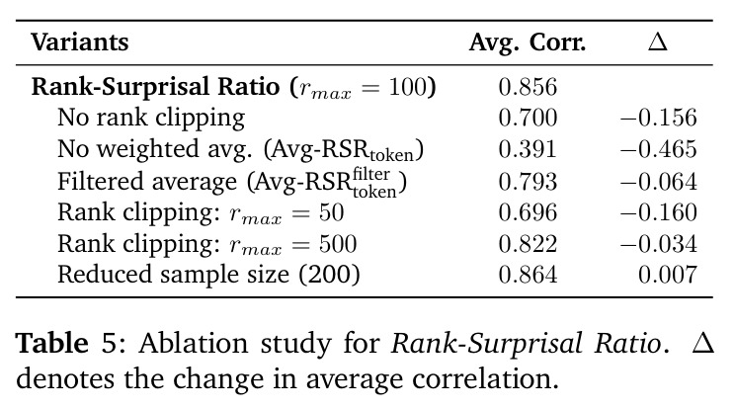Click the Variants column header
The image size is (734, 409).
point(80,42)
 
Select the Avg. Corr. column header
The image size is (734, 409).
point(528,43)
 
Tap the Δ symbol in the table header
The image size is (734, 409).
point(658,42)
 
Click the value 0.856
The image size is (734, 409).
point(528,87)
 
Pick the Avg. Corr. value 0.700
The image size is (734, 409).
point(528,118)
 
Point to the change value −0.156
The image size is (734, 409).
point(659,118)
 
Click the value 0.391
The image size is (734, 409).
point(528,149)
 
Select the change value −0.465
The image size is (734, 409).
point(659,149)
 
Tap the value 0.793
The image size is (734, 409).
point(528,182)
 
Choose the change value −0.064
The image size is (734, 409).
point(659,182)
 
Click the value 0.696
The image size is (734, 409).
point(528,212)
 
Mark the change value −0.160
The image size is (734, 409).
point(659,212)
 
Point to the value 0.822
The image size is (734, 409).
point(528,244)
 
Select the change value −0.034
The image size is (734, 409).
point(659,244)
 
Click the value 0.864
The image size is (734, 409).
point(528,275)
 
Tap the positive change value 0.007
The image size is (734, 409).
point(668,275)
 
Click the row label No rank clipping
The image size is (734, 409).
point(151,118)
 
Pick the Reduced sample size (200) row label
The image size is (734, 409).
point(208,275)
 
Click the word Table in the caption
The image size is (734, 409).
point(52,343)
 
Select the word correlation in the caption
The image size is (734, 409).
point(485,378)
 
